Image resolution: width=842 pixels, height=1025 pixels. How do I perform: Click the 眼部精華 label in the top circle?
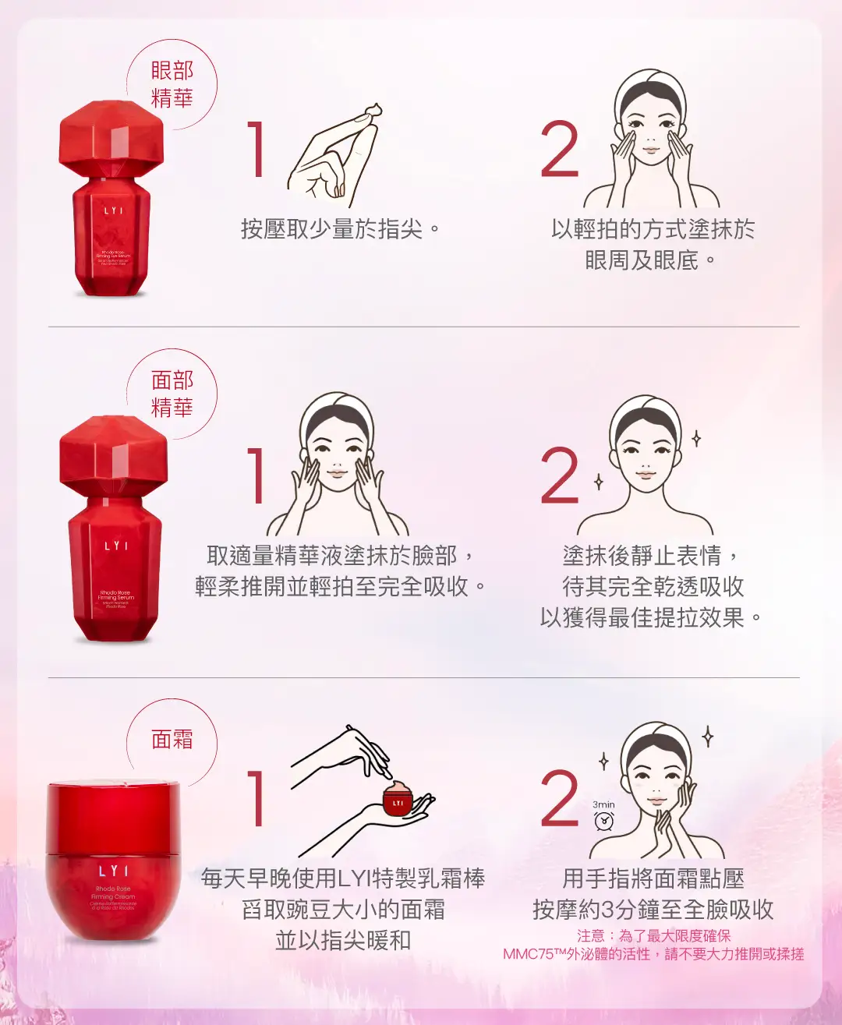172,84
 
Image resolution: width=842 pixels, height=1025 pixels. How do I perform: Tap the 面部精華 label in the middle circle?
172,394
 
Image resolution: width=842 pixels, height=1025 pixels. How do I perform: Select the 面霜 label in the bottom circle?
172,739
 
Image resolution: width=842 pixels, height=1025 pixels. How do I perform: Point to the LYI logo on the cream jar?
114,871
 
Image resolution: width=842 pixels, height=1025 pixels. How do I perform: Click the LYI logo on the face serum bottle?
115,546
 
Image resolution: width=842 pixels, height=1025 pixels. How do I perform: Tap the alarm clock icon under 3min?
603,821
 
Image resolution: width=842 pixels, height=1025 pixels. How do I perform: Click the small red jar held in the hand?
398,801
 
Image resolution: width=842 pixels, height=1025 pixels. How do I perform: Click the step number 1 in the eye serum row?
256,149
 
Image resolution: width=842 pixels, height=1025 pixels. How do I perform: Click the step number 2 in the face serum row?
560,475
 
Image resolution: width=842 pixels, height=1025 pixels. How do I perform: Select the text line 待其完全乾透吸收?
653,586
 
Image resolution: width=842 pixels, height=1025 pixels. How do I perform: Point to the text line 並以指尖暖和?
342,940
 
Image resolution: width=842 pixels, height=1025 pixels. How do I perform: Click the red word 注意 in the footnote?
590,935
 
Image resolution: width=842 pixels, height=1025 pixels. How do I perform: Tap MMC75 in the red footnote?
528,954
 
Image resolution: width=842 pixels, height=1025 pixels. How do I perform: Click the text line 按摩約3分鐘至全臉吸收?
653,909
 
